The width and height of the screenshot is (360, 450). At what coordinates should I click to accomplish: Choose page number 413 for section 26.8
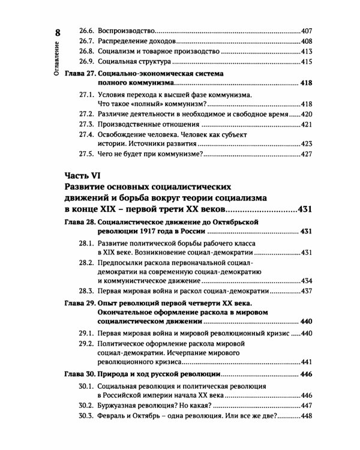pos(308,51)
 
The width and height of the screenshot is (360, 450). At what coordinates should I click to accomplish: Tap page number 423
pos(308,144)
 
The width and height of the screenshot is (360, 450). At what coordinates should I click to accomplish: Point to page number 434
pos(308,280)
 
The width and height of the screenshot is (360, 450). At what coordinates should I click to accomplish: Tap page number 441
pos(308,362)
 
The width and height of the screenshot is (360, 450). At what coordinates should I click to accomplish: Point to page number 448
pos(308,416)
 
